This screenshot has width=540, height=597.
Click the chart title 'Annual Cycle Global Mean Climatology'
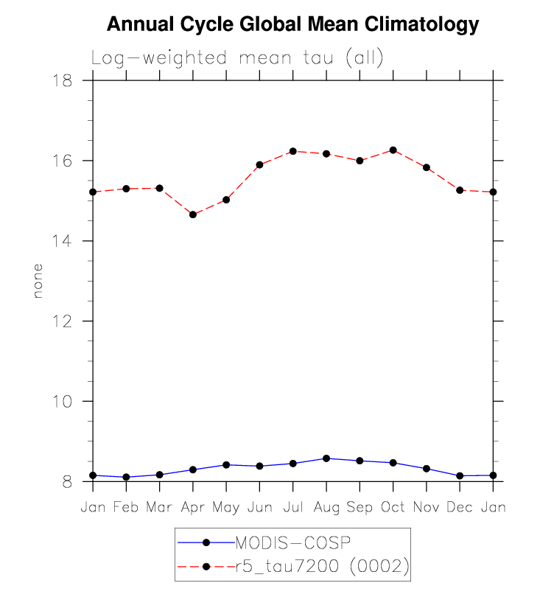coord(292,25)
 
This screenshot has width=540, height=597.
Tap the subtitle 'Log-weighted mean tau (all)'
coord(237,59)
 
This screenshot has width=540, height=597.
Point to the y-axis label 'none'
coord(38,281)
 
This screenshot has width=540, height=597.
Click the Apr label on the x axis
coord(193,509)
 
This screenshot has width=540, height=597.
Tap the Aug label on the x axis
coord(326,509)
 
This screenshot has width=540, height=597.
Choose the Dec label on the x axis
coord(460,509)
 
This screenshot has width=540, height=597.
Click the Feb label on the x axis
coord(126,509)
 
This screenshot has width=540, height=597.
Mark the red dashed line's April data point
coord(193,214)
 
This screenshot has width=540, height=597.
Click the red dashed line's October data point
coord(393,150)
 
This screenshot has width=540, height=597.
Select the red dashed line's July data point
coord(293,151)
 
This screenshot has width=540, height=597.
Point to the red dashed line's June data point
coord(259,164)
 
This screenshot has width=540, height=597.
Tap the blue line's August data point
coord(326,458)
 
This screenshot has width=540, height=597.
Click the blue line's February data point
coord(126,478)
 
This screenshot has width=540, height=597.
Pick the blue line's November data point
coord(427,469)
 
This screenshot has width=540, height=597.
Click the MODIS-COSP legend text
coord(292,543)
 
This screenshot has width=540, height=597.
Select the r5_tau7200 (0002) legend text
coord(320,566)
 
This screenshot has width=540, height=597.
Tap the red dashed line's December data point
coord(460,190)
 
